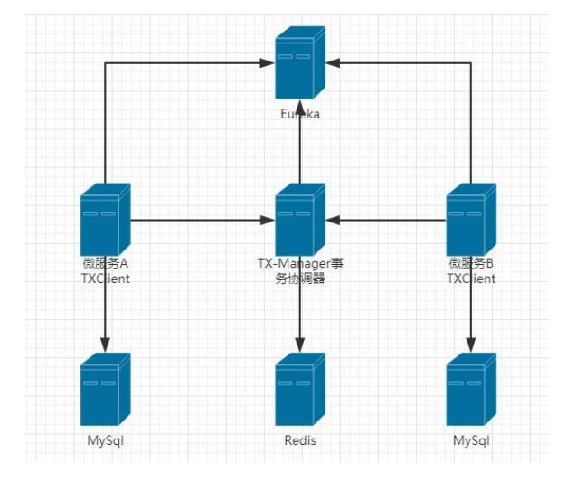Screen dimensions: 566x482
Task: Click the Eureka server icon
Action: click(300, 62)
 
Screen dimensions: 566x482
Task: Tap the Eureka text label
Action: click(300, 114)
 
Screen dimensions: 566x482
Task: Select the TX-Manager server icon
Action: click(300, 220)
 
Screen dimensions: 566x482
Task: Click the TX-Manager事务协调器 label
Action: click(300, 270)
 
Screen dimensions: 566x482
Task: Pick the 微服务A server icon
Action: click(106, 220)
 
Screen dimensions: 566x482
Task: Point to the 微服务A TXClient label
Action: click(106, 270)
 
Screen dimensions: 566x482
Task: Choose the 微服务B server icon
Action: click(471, 220)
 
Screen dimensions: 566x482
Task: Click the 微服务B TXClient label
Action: click(471, 270)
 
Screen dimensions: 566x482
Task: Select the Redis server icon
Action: click(300, 389)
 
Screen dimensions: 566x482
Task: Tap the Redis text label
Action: click(300, 440)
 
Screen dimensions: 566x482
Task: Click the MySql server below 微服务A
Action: click(106, 389)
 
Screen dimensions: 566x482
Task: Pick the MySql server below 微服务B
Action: click(471, 389)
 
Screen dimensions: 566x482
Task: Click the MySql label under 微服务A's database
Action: click(106, 440)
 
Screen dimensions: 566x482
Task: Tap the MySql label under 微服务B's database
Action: click(471, 440)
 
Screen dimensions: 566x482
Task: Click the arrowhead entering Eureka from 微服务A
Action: click(268, 63)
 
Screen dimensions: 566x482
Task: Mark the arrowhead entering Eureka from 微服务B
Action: click(333, 63)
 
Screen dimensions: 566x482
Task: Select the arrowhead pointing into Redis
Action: click(300, 345)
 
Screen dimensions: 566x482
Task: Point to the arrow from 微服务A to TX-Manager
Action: click(203, 220)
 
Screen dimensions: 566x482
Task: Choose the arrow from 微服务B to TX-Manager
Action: click(386, 220)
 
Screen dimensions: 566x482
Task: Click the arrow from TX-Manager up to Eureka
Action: click(300, 141)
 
